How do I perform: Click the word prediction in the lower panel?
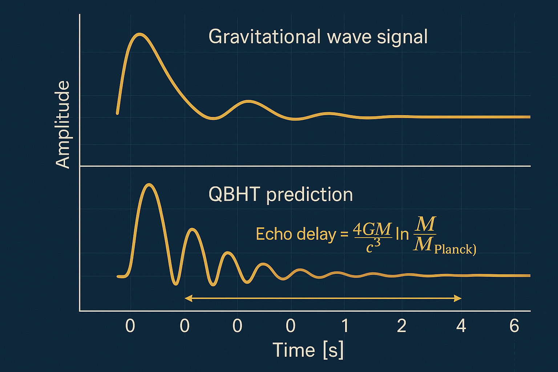point(310,195)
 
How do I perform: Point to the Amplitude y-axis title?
point(62,124)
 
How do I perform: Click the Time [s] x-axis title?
point(308,350)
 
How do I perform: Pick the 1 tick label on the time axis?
point(345,326)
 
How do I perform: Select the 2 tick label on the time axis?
point(401,326)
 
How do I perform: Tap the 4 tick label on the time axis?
point(461,326)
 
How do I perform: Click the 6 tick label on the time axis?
point(514,326)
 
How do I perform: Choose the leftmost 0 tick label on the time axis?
point(130,326)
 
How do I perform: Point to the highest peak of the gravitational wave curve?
point(140,35)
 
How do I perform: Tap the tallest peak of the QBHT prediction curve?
point(149,185)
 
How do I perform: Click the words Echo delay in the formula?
point(296,234)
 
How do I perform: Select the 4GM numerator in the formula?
point(372,229)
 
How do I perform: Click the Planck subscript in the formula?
point(454,249)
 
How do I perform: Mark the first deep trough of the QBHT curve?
point(176,284)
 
